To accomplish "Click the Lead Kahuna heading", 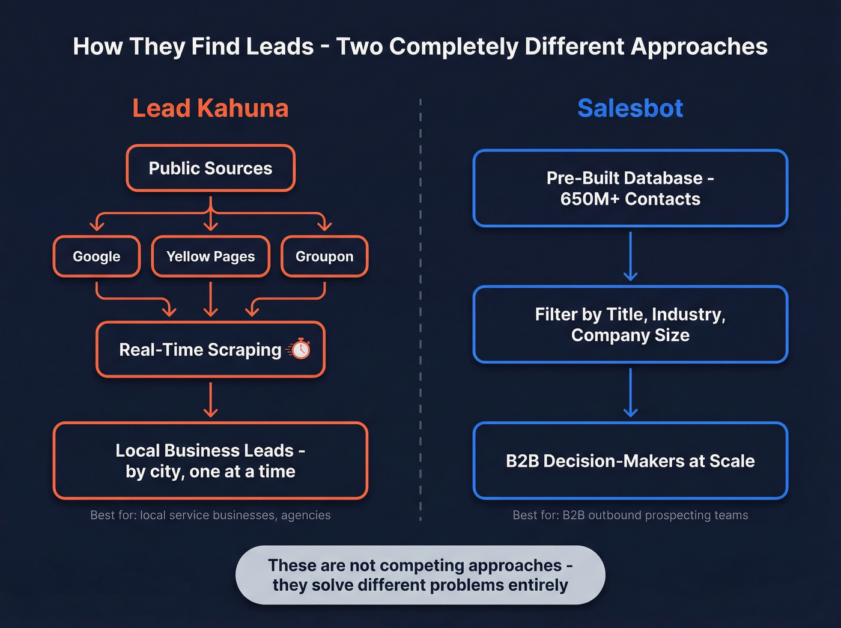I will coord(210,108).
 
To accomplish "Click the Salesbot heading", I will coord(630,108).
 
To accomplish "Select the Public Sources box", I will coord(210,168).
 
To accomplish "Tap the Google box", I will coord(97,257).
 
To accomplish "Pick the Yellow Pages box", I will coord(210,257).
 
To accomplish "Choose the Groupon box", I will coord(324,257).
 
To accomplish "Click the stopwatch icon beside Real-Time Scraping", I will coord(300,349).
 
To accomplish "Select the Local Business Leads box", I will coord(210,461).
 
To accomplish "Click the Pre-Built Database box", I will coord(630,188).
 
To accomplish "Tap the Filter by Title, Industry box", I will coord(630,325).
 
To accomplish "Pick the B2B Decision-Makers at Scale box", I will coord(630,461).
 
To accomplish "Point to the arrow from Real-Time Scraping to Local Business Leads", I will coord(210,400).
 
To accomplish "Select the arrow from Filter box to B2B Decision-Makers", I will coord(630,392).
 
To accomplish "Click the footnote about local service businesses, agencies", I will coord(210,515).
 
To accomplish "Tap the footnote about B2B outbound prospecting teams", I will coord(630,515).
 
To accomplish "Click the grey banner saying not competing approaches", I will coord(421,575).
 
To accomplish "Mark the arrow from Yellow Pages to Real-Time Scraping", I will coord(210,299).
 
